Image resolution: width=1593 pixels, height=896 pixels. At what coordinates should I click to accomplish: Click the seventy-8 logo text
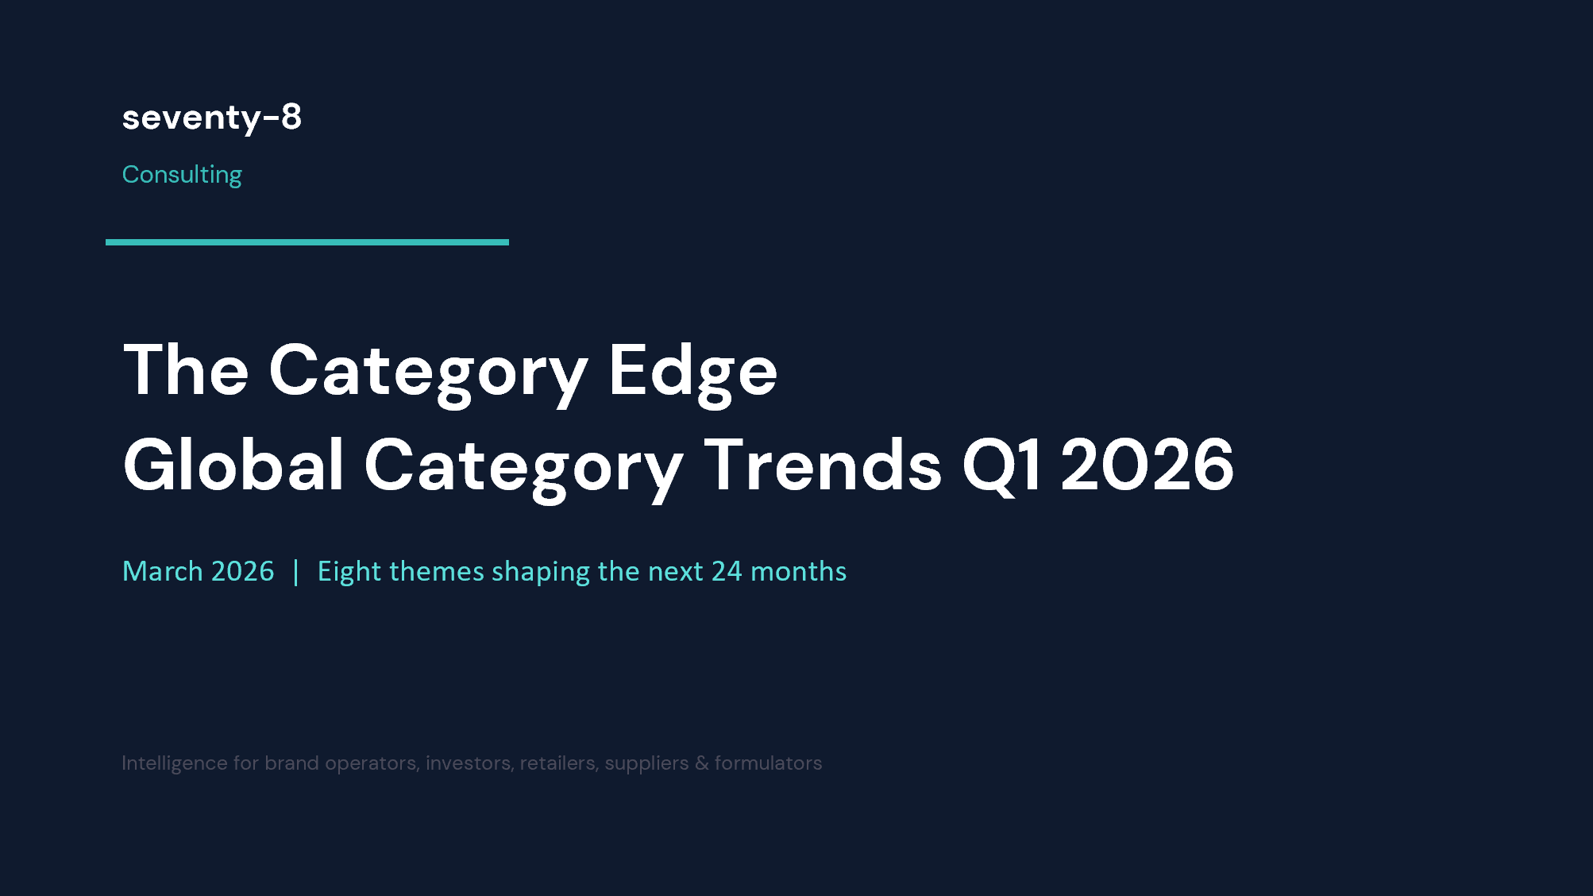(x=211, y=118)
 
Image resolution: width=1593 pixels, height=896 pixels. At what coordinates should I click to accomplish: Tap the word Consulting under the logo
(x=182, y=175)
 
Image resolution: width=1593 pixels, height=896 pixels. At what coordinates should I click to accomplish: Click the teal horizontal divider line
(x=307, y=242)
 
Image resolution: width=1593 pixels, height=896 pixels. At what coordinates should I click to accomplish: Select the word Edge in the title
(x=692, y=371)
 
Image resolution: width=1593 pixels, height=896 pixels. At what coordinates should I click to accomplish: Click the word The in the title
(x=186, y=371)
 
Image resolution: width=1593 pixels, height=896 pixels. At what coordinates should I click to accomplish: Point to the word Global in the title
(x=233, y=466)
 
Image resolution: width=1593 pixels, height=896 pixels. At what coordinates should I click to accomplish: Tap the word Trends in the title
(x=823, y=466)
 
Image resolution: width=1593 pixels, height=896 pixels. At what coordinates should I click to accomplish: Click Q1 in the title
(x=1001, y=466)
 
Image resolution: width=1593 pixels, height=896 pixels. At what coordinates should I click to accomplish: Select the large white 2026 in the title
(x=1147, y=466)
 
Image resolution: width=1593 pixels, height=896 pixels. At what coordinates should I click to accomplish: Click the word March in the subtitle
(x=163, y=572)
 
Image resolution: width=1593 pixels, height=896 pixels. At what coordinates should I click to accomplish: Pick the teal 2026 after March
(x=242, y=572)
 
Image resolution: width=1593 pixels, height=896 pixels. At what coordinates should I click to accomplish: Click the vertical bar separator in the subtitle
(x=295, y=572)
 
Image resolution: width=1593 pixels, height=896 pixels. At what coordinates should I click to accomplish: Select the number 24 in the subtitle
(x=726, y=572)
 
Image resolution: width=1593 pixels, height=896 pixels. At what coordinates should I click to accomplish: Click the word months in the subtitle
(x=798, y=572)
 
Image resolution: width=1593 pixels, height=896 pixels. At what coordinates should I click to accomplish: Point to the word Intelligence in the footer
(x=174, y=763)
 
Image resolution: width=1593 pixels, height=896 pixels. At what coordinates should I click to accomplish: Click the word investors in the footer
(x=469, y=763)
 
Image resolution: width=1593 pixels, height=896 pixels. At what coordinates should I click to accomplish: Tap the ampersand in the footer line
(x=701, y=763)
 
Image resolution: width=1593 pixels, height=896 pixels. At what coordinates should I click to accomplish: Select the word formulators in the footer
(x=768, y=763)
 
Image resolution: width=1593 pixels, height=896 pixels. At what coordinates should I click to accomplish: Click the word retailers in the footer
(x=557, y=763)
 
